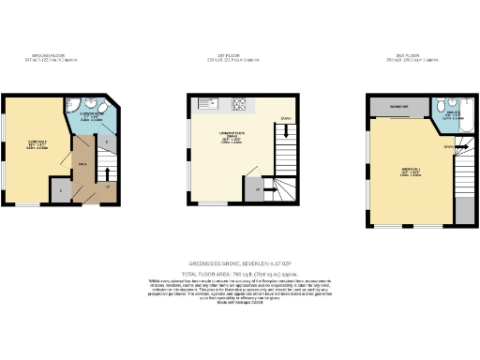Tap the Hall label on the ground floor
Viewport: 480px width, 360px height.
click(82, 163)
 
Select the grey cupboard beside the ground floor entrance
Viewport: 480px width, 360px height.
click(62, 190)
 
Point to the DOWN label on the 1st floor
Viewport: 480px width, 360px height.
click(285, 119)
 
